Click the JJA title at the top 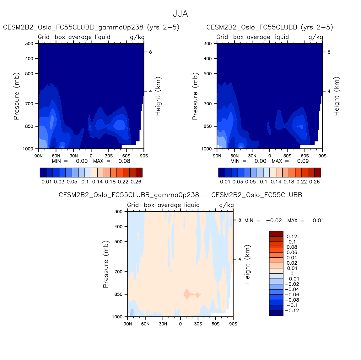click(x=180, y=14)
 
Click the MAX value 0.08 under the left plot click(x=124, y=161)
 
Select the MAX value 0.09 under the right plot click(x=303, y=161)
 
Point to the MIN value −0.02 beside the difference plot click(x=274, y=220)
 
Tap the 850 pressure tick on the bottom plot click(x=118, y=294)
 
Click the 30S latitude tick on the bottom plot click(x=198, y=324)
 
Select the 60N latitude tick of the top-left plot click(x=56, y=156)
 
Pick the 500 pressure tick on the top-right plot click(x=208, y=74)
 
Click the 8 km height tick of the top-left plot click(x=150, y=52)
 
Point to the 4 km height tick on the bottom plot click(x=240, y=259)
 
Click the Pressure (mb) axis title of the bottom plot click(x=106, y=264)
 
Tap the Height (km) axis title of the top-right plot click(x=337, y=96)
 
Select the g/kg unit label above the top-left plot click(x=137, y=37)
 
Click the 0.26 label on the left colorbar click(x=136, y=182)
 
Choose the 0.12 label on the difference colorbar click(x=292, y=236)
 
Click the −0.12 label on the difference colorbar click(x=292, y=311)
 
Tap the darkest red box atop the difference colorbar click(x=276, y=234)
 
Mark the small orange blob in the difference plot click(x=187, y=294)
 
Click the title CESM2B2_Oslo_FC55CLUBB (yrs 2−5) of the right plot click(x=270, y=27)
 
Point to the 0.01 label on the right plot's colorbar click(x=225, y=182)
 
